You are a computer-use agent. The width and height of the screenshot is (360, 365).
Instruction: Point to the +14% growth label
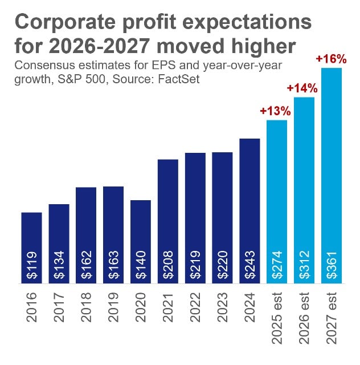tap(302, 88)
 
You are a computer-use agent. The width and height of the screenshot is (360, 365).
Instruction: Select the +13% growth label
tap(276, 111)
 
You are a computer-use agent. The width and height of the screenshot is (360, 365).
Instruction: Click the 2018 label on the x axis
tap(87, 307)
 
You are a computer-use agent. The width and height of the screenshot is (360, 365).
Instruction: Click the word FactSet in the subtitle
tap(178, 78)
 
